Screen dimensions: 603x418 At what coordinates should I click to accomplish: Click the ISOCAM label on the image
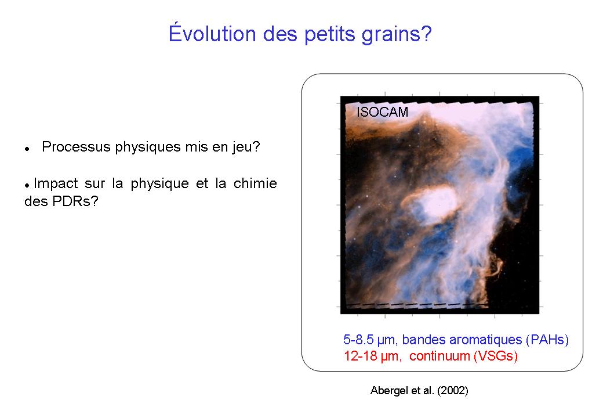382,112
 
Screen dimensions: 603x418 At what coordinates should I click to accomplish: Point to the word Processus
76,147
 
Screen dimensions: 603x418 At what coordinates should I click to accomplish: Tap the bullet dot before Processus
27,149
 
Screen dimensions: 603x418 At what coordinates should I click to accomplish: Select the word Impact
56,183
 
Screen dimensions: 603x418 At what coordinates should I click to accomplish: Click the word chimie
255,183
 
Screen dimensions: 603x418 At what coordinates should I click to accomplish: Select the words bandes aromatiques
462,340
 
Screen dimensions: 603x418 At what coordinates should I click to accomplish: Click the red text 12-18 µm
372,356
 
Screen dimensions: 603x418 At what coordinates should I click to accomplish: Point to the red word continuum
439,356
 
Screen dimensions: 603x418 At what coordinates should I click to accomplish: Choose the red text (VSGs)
496,356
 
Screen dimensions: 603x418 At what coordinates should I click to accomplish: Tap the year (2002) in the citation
453,391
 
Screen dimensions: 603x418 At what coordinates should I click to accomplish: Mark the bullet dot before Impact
27,186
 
